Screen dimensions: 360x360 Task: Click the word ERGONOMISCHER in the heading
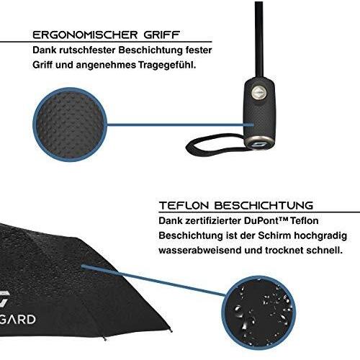pyautogui.click(x=85, y=35)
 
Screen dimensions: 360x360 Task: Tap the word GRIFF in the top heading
pyautogui.click(x=162, y=35)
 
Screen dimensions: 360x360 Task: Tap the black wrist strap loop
pyautogui.click(x=211, y=146)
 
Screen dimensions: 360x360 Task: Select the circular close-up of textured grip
pyautogui.click(x=70, y=125)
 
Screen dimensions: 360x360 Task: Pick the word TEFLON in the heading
pyautogui.click(x=184, y=206)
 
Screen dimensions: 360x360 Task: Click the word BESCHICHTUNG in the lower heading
pyautogui.click(x=264, y=206)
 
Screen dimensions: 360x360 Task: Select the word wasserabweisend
pyautogui.click(x=199, y=251)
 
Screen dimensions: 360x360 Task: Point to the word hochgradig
pyautogui.click(x=320, y=235)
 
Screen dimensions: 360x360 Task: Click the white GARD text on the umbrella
pyautogui.click(x=18, y=320)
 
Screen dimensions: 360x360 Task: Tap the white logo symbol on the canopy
pyautogui.click(x=4, y=298)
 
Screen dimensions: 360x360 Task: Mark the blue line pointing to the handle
pyautogui.click(x=181, y=125)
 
